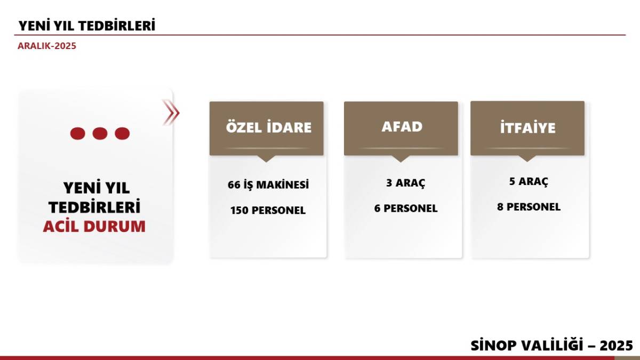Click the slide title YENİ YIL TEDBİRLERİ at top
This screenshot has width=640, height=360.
(87, 26)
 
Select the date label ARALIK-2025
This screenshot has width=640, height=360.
(47, 46)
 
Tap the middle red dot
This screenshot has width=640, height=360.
(100, 133)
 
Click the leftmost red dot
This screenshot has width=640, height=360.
(78, 133)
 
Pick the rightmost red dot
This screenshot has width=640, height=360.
(122, 133)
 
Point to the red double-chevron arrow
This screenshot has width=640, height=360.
(171, 113)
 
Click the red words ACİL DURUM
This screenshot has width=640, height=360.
(94, 226)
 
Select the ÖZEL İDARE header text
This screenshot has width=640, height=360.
(269, 127)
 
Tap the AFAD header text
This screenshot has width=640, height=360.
(402, 126)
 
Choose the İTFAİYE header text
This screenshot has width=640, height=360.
(527, 127)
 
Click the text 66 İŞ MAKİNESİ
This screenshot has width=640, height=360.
(268, 185)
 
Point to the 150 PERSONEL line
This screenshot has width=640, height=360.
(268, 210)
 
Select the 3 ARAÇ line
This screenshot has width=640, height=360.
(406, 183)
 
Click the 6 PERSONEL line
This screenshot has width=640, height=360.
(406, 209)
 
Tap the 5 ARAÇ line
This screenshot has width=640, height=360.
(529, 181)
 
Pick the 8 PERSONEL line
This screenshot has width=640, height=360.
(529, 206)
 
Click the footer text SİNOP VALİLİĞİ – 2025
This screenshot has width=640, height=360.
(551, 345)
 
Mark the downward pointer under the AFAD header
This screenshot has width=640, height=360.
(401, 158)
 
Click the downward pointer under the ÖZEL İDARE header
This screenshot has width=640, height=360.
(266, 158)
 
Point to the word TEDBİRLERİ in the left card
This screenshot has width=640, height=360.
(94, 207)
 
